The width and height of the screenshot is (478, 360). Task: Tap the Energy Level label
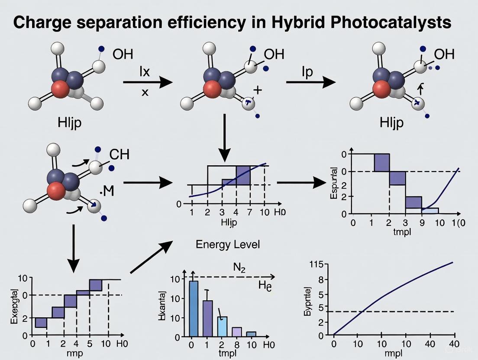tap(228, 244)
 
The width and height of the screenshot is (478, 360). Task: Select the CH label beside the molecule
tap(119, 154)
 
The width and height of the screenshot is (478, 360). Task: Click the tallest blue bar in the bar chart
tap(194, 308)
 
